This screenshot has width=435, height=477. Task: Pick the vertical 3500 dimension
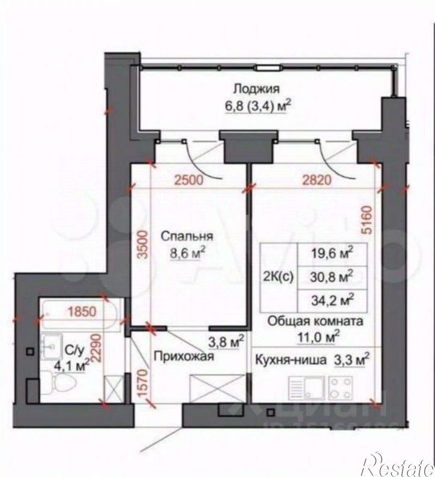pyautogui.click(x=142, y=245)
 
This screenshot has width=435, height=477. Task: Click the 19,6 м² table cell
pyautogui.click(x=331, y=253)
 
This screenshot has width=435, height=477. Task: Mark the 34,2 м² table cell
pyautogui.click(x=331, y=298)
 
